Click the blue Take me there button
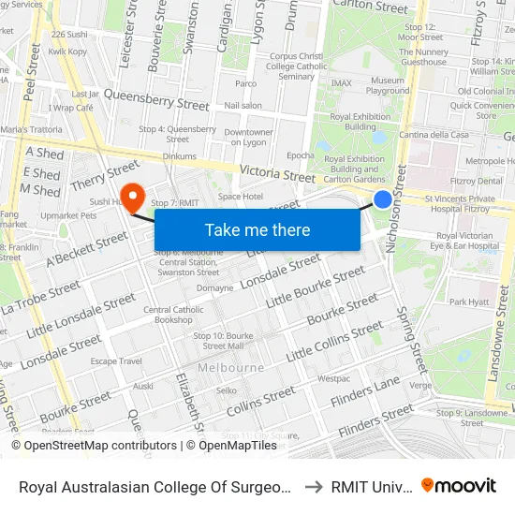point(257,229)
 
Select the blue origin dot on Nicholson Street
point(383,199)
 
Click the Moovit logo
point(459,485)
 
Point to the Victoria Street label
point(278,174)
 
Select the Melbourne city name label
point(232,367)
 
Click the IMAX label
point(342,83)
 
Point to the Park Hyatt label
point(469,302)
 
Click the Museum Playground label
point(388,86)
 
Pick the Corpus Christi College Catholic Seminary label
point(297,66)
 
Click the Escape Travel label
point(116,360)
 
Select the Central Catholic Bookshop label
point(169,315)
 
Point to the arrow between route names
point(314,486)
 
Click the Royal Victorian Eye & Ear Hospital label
point(467,241)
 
